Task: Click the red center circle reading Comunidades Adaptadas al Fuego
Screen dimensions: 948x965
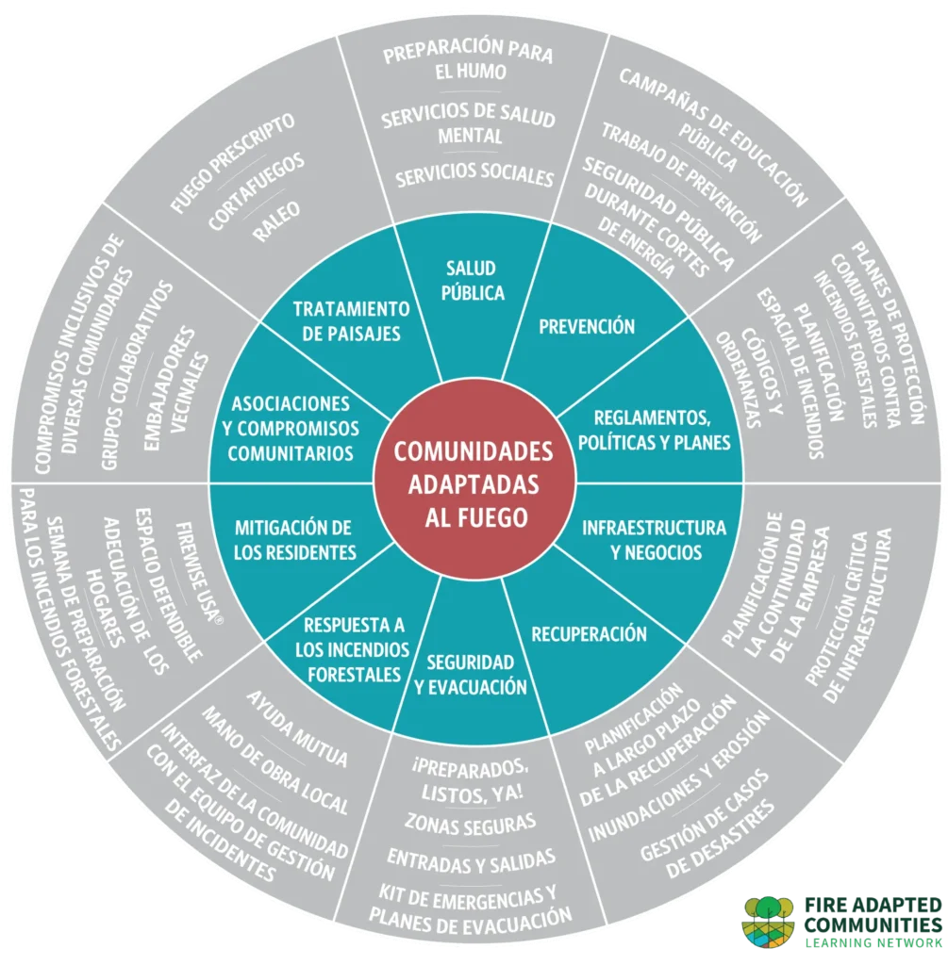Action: [x=474, y=483]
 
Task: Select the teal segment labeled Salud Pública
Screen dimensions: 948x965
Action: [x=473, y=281]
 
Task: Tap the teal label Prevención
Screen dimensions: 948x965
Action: [x=587, y=326]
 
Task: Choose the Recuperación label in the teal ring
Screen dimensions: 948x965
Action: [x=589, y=634]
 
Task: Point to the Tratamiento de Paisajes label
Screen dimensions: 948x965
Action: [x=351, y=320]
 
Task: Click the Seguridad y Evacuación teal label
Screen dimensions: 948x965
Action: [x=471, y=675]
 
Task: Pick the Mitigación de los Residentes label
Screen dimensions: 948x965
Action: [x=294, y=540]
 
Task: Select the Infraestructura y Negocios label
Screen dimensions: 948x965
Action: [x=655, y=540]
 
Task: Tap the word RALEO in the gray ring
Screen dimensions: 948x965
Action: [x=276, y=221]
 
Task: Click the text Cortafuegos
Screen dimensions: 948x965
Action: [x=257, y=191]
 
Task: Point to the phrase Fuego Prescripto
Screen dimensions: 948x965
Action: [x=232, y=164]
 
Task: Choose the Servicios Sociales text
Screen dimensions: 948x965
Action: [x=474, y=174]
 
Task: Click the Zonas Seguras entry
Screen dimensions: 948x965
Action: [x=470, y=824]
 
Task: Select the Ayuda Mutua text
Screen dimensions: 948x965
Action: [x=297, y=728]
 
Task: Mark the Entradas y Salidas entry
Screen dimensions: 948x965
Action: [x=472, y=861]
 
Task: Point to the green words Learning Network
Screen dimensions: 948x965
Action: [x=873, y=942]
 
